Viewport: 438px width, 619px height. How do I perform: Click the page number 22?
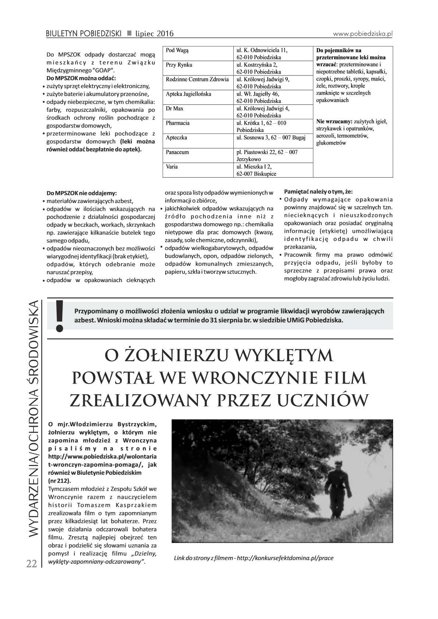point(31,564)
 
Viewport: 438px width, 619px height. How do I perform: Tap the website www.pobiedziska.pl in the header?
point(363,33)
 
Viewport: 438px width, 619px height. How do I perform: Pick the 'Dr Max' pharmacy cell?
point(174,109)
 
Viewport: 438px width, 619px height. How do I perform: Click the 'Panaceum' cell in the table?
point(177,152)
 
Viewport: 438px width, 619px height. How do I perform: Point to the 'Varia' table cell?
point(172,167)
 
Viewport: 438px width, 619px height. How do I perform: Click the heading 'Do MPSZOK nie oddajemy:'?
point(82,193)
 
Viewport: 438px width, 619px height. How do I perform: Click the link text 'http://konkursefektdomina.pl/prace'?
point(285,558)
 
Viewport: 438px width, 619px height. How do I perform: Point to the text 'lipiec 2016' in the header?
point(154,34)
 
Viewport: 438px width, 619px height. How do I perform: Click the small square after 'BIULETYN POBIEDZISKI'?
point(129,33)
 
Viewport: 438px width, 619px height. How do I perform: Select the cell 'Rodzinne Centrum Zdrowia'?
point(197,79)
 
